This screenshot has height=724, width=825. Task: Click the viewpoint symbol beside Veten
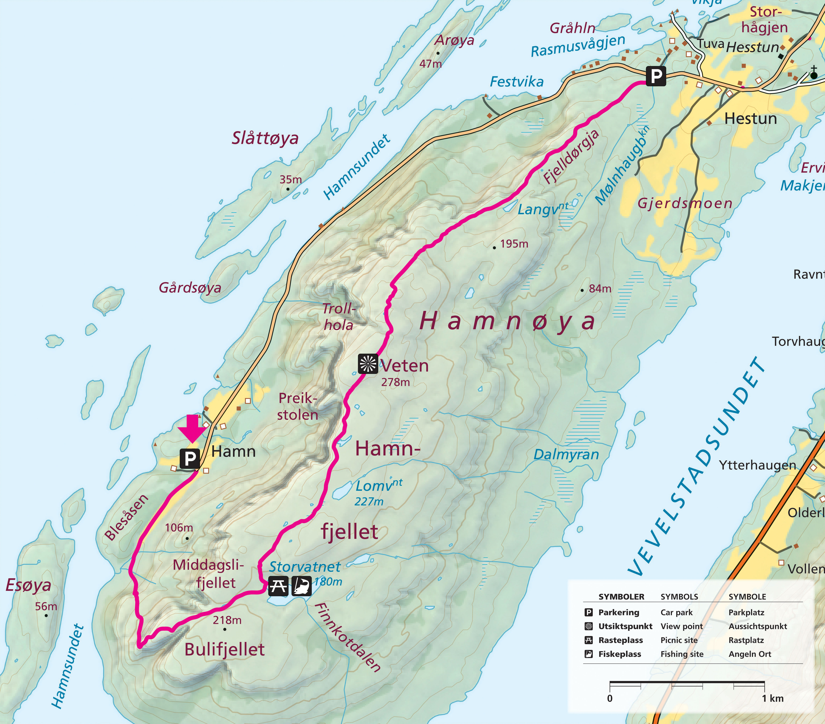[368, 364]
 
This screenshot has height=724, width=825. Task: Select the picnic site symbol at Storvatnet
[278, 586]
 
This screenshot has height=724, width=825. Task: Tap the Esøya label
[28, 585]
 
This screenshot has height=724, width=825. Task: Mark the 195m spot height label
[514, 244]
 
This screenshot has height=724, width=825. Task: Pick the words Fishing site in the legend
[682, 654]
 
